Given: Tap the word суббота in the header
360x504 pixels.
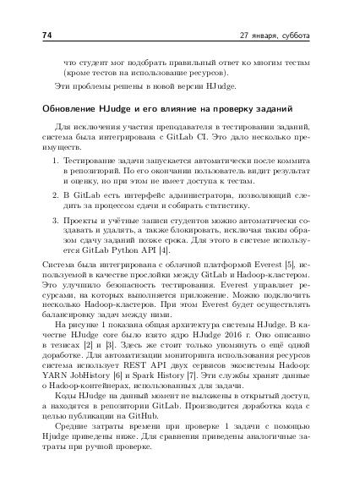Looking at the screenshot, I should tap(293, 36).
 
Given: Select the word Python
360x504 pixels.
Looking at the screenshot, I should tap(123, 251).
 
